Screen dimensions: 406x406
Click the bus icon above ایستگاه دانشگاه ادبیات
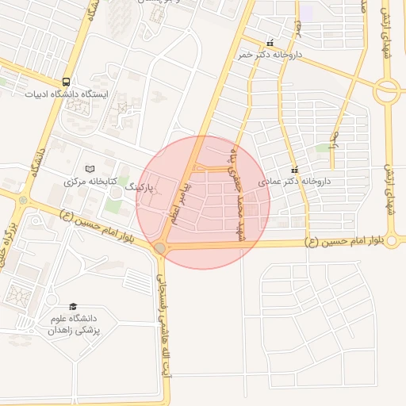click(67, 82)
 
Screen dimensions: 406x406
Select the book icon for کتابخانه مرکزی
click(90, 169)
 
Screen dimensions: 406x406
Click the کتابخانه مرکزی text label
click(90, 182)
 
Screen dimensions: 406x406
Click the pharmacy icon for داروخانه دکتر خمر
click(270, 44)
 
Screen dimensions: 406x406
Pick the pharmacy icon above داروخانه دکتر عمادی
click(295, 169)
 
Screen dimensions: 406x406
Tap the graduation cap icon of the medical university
click(73, 306)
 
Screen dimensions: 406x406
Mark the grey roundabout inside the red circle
click(160, 249)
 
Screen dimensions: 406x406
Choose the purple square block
click(306, 12)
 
